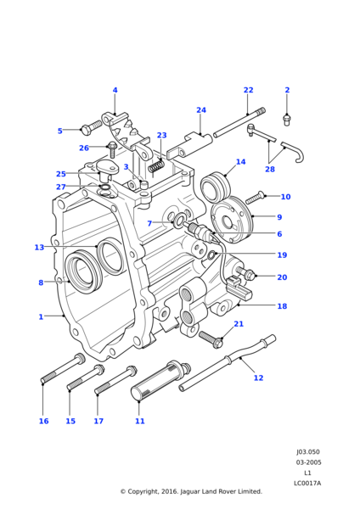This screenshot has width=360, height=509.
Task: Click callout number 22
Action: point(248,90)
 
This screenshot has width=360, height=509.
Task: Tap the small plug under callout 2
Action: point(287,120)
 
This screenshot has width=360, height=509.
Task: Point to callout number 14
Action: point(240,162)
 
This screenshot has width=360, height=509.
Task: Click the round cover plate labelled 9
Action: point(232,220)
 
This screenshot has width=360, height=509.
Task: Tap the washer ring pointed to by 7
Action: point(178,220)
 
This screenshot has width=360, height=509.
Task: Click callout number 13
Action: point(39,248)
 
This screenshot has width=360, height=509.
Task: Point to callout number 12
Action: point(258,378)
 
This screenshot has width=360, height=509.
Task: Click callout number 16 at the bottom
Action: point(43,421)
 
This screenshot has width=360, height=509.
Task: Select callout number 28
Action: point(270,169)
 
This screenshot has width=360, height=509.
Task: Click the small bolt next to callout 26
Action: point(112,150)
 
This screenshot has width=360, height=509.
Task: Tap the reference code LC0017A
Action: point(307,484)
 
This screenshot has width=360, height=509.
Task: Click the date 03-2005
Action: point(308,462)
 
